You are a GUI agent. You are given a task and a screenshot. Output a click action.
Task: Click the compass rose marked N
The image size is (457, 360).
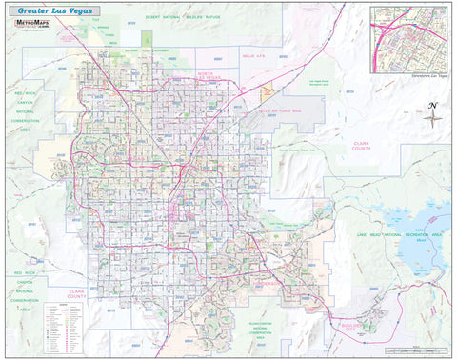[433, 116]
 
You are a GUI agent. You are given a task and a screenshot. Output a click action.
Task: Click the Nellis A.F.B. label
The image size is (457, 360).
[253, 57]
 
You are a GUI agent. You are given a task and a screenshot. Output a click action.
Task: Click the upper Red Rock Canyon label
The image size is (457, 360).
[25, 112]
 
